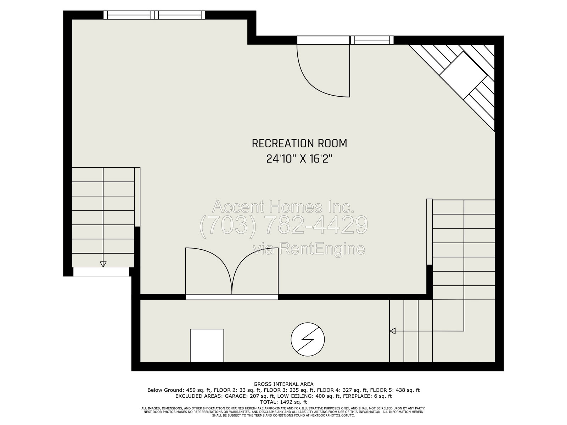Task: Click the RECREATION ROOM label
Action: tap(299, 143)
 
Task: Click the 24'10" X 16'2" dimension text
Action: tap(299, 159)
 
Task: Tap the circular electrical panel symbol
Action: tap(307, 339)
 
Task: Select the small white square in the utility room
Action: tap(207, 346)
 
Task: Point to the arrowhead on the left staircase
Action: tap(103, 264)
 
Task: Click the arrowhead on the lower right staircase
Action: tap(393, 331)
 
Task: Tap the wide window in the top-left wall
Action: tap(154, 15)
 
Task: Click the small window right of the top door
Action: tap(372, 40)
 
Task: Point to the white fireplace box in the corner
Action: tap(463, 75)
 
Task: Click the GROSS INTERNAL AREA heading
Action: tap(283, 384)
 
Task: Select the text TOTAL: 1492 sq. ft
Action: tap(283, 402)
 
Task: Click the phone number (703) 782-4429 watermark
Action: tap(283, 225)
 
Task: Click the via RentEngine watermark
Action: tap(309, 249)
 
